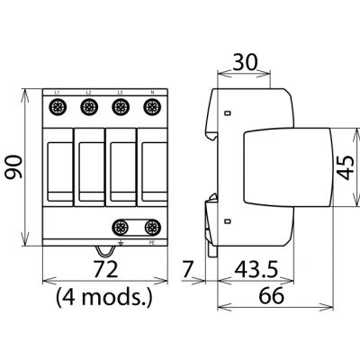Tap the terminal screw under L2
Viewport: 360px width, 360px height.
click(x=88, y=108)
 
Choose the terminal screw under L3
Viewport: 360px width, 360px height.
click(x=118, y=108)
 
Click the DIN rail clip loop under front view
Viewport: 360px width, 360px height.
click(x=103, y=253)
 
